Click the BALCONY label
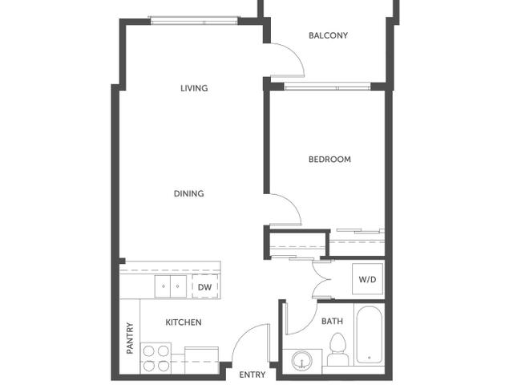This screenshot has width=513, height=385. pos(328,35)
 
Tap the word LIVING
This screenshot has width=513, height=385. pos(194,88)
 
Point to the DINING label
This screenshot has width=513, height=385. pos(189,193)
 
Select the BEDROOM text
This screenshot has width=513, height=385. pos(329,160)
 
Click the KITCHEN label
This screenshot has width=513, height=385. pos(184,322)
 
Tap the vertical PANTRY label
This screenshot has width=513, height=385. pos(130,338)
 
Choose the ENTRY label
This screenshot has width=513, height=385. pos(252,375)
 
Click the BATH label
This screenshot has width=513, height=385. pos(332,321)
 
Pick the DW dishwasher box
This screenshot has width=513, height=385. pos(205,287)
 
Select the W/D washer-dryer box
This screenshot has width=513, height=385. pos(367,279)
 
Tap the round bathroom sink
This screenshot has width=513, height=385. pos(302,361)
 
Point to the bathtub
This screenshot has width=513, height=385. pos(369,334)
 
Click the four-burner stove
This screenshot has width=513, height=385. pos(156,358)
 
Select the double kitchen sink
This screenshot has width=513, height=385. pos(171,286)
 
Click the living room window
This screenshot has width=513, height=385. pos(194,21)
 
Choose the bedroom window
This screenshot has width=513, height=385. pos(327,86)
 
